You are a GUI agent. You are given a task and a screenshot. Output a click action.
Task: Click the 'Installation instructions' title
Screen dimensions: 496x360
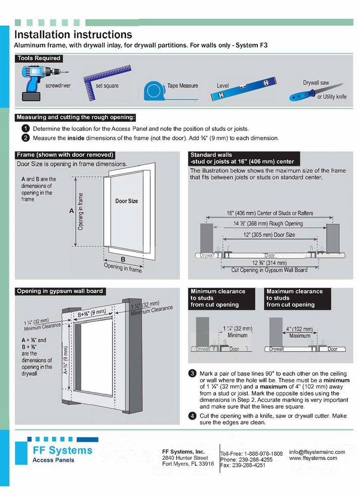pos(73,35)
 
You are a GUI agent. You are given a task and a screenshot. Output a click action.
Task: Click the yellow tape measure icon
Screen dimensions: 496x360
pos(155,91)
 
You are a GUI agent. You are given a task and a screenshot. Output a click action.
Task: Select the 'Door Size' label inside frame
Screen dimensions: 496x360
pos(126,201)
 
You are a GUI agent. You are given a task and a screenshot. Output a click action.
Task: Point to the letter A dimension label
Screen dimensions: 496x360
pos(71,211)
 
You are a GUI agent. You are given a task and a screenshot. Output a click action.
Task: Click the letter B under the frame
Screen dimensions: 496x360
pos(122,259)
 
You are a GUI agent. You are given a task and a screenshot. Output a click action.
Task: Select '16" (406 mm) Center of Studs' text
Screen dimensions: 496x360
pos(269,213)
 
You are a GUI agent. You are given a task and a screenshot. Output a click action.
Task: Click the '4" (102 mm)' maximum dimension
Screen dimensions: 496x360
pos(300,329)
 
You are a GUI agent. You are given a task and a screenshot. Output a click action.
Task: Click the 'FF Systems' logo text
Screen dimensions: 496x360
pos(62,450)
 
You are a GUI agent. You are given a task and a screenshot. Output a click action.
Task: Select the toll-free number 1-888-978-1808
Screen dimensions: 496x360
pos(251,453)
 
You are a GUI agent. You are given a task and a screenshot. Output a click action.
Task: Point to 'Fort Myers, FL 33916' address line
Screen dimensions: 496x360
pos(188,464)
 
